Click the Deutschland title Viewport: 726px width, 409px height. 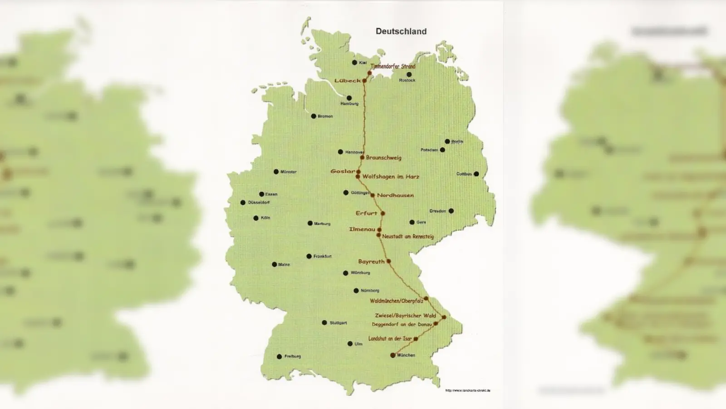(x=401, y=31)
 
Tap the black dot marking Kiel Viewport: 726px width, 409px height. (x=354, y=63)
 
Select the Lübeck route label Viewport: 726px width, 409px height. (x=348, y=80)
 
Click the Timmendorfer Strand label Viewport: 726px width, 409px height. (x=393, y=66)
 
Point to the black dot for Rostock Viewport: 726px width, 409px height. (x=409, y=75)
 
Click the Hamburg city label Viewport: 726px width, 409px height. (x=349, y=104)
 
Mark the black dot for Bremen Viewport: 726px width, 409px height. (x=313, y=116)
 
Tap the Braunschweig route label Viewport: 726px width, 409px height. (x=383, y=158)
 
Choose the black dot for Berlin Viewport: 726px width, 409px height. (x=447, y=141)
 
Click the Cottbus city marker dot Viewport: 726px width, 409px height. (x=476, y=174)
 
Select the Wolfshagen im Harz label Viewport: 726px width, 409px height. (x=391, y=177)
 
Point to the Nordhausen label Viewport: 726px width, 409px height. (x=395, y=195)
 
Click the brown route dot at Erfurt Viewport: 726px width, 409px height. (x=383, y=213)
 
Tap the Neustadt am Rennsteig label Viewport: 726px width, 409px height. (x=407, y=236)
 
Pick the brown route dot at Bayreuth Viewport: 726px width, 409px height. (x=388, y=261)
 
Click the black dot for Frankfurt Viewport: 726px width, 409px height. (x=309, y=256)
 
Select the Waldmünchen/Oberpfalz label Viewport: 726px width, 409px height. (x=396, y=301)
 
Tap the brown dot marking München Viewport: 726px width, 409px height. (x=392, y=355)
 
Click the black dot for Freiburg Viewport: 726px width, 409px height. (x=279, y=357)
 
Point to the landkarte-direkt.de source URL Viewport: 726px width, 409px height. (x=467, y=390)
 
